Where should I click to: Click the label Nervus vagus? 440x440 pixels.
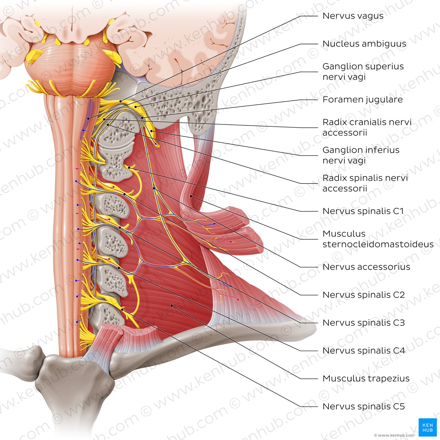353,16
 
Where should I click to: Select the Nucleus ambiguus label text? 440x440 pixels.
365,44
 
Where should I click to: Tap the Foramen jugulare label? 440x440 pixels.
363,100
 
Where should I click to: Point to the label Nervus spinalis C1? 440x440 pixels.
363,211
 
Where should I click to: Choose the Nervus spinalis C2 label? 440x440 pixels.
364,294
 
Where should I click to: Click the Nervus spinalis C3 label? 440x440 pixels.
364,322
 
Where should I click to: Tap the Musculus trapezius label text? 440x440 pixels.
366,378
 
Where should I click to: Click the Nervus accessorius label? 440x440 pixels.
366,267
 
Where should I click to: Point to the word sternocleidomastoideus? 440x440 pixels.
378,244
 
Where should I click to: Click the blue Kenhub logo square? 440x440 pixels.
427,427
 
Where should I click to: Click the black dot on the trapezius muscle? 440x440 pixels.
172,305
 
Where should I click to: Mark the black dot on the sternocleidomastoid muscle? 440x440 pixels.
191,196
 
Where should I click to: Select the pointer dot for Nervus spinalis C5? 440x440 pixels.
122,310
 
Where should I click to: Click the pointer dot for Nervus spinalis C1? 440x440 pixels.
129,168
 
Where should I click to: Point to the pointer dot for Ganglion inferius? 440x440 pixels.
151,131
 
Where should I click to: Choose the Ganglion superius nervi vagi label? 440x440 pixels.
363,71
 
